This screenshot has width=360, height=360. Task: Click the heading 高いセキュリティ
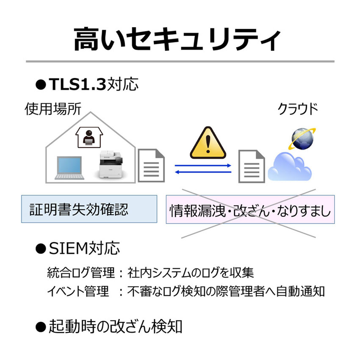[x=177, y=39]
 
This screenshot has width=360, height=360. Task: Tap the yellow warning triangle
[x=208, y=143]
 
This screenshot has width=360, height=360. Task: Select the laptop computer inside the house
[x=69, y=168]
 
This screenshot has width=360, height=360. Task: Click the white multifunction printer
[x=110, y=164]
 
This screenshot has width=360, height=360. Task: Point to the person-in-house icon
[x=89, y=137]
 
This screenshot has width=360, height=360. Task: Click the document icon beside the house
[x=151, y=165]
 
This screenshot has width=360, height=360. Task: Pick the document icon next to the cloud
[x=252, y=166]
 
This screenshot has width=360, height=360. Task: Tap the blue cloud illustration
[x=290, y=166]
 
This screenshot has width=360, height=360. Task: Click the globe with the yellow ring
[x=302, y=138]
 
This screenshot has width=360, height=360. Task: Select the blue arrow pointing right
[x=203, y=166]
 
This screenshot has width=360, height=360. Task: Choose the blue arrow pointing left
[x=203, y=172]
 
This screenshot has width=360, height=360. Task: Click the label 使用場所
[x=53, y=109]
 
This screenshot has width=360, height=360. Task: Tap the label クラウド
[x=298, y=109]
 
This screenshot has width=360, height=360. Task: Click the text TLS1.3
[x=78, y=84]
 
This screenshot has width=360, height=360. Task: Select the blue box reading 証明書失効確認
[x=89, y=209]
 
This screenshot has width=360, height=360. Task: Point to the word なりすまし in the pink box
[x=304, y=211]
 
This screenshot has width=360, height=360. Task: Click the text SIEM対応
[x=84, y=249]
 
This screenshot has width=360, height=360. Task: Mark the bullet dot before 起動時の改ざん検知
[x=41, y=327]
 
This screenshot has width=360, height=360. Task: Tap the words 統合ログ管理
[x=81, y=272]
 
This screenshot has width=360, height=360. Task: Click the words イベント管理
[x=78, y=291]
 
